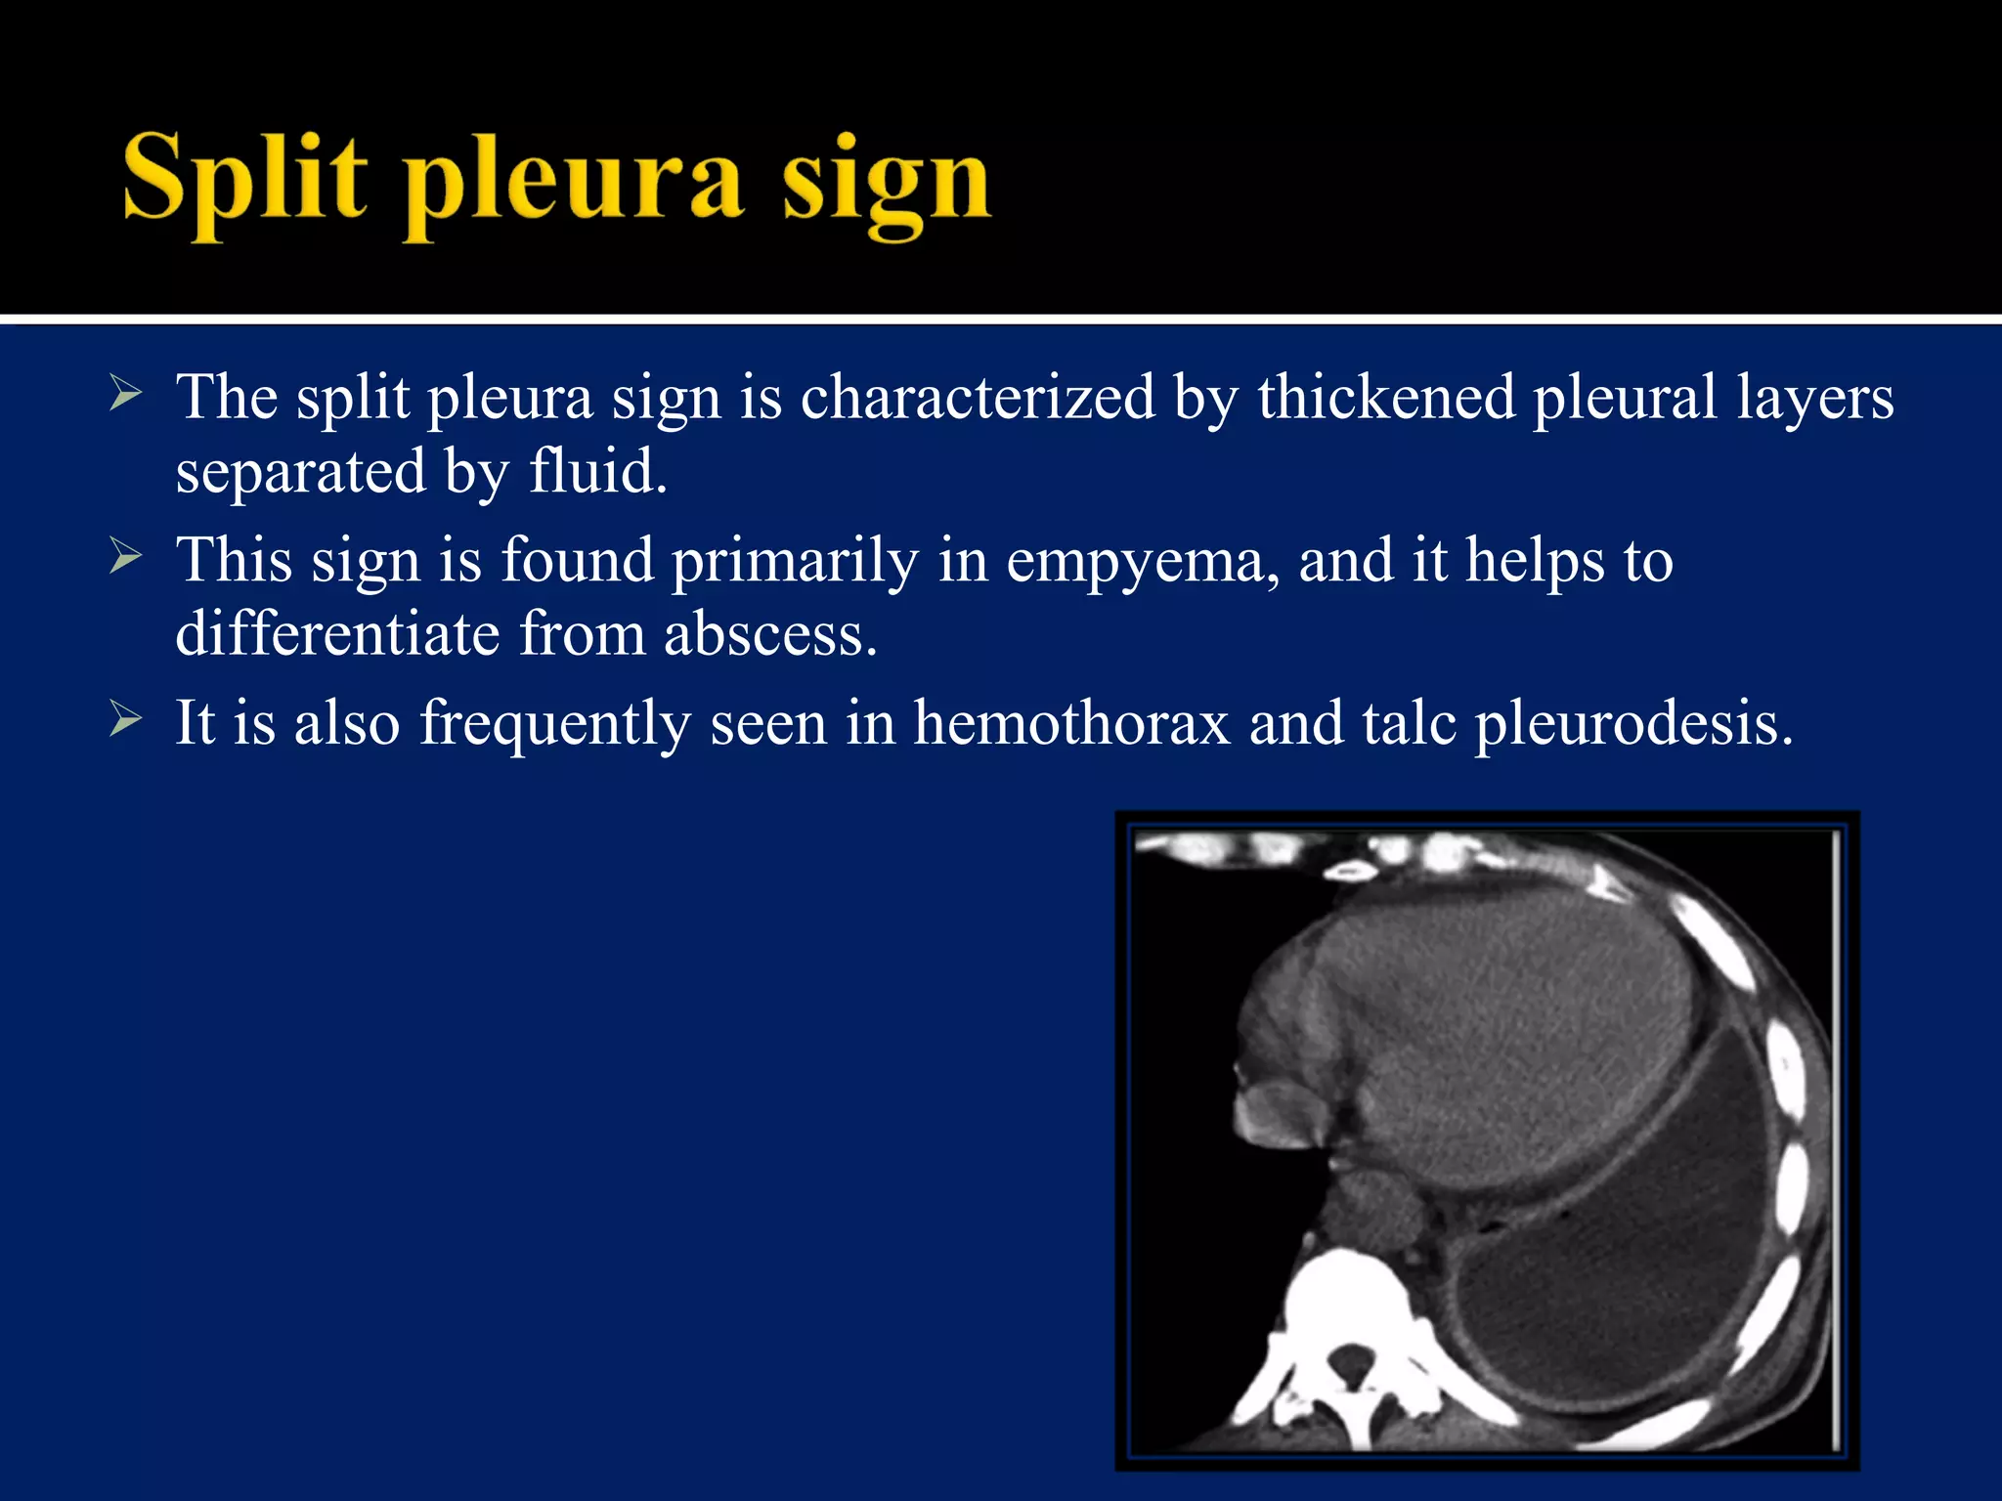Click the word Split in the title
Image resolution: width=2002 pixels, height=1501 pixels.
tap(244, 181)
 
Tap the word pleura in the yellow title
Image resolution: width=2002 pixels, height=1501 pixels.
tap(574, 186)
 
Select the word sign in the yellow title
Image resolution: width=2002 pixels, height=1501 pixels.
tap(886, 186)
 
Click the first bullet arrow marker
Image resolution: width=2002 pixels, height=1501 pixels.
tap(126, 395)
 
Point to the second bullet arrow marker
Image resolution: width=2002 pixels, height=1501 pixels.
tap(126, 557)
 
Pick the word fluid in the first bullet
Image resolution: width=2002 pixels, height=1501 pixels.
tap(597, 471)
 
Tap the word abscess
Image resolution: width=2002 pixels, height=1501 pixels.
tap(770, 634)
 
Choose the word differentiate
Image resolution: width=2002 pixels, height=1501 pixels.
tap(337, 634)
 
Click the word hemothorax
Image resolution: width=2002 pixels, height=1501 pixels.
tap(1070, 723)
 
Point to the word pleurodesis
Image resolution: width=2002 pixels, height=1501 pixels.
tap(1633, 725)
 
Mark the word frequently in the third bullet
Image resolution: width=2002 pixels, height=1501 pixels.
tap(555, 725)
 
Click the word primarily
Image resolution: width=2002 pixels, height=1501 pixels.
tap(795, 562)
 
